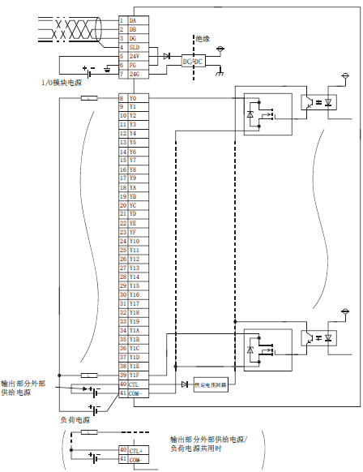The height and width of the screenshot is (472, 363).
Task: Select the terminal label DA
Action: coord(133,20)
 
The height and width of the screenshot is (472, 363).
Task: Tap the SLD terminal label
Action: coord(134,47)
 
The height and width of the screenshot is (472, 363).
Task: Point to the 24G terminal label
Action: coord(134,74)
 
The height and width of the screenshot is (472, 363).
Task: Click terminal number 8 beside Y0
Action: coord(122,98)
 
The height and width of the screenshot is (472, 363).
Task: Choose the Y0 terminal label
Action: coord(133,98)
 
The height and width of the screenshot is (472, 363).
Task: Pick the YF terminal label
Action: coord(133,232)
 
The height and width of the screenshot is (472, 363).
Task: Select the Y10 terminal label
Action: coord(134,241)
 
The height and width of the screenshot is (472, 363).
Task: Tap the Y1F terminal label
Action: coord(135,375)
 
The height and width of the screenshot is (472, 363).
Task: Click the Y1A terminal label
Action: coord(135,330)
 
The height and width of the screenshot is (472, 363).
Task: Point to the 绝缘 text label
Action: coord(202,37)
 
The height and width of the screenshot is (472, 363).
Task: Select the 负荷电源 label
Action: coord(74,420)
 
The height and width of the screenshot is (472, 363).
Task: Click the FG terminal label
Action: coord(133,65)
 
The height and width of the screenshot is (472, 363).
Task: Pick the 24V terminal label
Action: coord(134,56)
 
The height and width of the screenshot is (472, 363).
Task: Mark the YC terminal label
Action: coord(133,205)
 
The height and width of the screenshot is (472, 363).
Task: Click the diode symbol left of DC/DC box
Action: coord(166,56)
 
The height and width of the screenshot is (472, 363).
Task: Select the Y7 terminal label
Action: coord(133,161)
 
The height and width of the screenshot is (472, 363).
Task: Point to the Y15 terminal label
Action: coord(134,285)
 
